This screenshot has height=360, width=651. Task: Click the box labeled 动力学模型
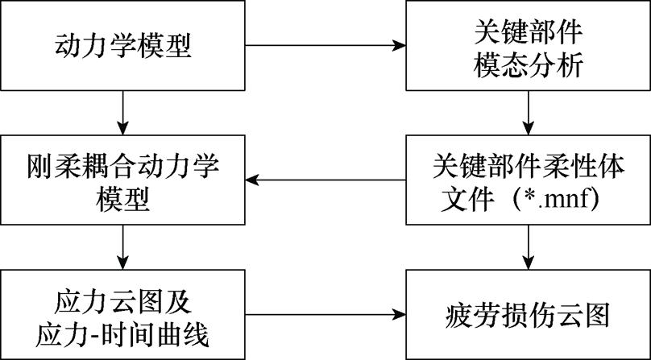click(122, 45)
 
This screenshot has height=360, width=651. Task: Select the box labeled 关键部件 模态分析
click(528, 45)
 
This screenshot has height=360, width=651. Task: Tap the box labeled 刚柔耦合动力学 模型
click(122, 180)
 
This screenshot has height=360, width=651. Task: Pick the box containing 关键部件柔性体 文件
click(528, 180)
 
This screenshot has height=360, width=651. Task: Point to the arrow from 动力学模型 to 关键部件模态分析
click(325, 45)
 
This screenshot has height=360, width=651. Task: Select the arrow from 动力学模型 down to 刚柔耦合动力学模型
click(122, 112)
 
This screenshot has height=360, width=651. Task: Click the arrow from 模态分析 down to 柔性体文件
click(528, 112)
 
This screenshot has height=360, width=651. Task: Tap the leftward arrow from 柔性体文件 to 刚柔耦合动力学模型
click(325, 180)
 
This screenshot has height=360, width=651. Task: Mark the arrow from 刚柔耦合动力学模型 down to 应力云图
click(122, 246)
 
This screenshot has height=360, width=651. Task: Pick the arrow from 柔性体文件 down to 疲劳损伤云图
click(528, 246)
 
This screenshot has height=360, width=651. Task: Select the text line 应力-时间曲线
click(122, 331)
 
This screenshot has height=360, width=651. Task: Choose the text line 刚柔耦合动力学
click(122, 164)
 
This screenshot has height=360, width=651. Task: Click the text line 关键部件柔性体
click(528, 164)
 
